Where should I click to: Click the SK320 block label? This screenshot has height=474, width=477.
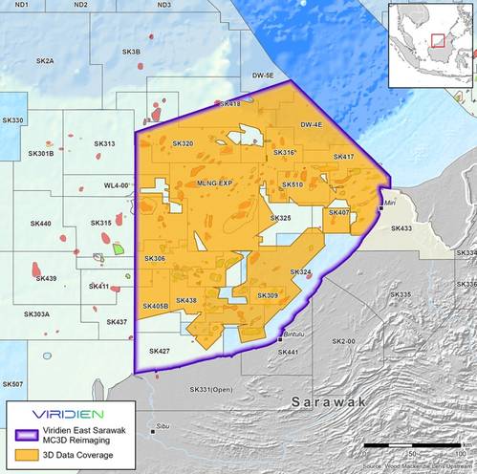pyautogui.click(x=183, y=143)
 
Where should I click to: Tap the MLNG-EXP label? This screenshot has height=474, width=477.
pyautogui.click(x=214, y=182)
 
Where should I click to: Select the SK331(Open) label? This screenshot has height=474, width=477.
pyautogui.click(x=210, y=390)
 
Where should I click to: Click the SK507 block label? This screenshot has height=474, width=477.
pyautogui.click(x=12, y=384)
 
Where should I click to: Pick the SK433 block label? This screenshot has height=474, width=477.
pyautogui.click(x=401, y=228)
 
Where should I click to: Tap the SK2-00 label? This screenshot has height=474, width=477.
pyautogui.click(x=343, y=341)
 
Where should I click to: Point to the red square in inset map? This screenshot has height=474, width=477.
pyautogui.click(x=437, y=39)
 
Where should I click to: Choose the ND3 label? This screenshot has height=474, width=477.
pyautogui.click(x=163, y=6)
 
